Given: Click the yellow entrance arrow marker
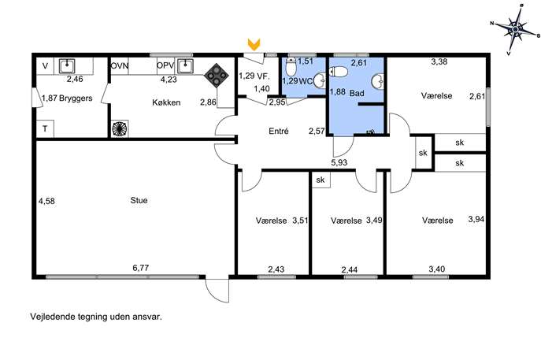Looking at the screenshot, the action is click(254, 44).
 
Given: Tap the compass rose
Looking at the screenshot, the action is click(515, 29).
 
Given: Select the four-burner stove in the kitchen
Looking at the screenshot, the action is click(217, 76).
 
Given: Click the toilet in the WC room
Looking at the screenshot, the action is click(291, 66).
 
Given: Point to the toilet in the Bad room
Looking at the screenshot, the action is click(339, 72).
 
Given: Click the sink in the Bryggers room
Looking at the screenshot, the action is click(67, 66).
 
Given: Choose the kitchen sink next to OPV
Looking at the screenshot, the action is click(185, 66).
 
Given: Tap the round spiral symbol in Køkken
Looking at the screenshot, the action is click(120, 128).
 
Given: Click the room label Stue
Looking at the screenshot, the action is click(139, 200).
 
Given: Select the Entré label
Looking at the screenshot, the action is click(279, 132).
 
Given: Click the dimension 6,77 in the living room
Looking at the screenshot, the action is click(140, 268).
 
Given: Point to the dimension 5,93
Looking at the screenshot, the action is click(339, 162).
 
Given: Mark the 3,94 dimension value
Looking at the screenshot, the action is click(476, 219).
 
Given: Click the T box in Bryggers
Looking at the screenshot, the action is click(45, 128).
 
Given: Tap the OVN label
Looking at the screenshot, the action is click(120, 65).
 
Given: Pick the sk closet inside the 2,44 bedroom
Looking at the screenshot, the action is click(321, 180).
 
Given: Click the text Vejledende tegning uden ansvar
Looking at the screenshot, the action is click(96, 317).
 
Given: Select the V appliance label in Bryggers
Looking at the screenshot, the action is click(45, 65).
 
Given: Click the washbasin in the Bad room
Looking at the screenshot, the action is click(378, 82).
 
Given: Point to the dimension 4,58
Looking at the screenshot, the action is click(46, 201).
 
